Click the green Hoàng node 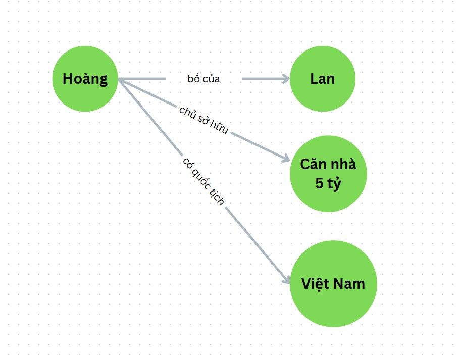85,79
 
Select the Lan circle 323,79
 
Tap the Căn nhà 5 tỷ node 328,173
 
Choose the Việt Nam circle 333,283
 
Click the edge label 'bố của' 203,79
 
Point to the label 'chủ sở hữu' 203,120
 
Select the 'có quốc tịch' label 203,181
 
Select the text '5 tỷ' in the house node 328,183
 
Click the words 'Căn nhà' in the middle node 328,164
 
